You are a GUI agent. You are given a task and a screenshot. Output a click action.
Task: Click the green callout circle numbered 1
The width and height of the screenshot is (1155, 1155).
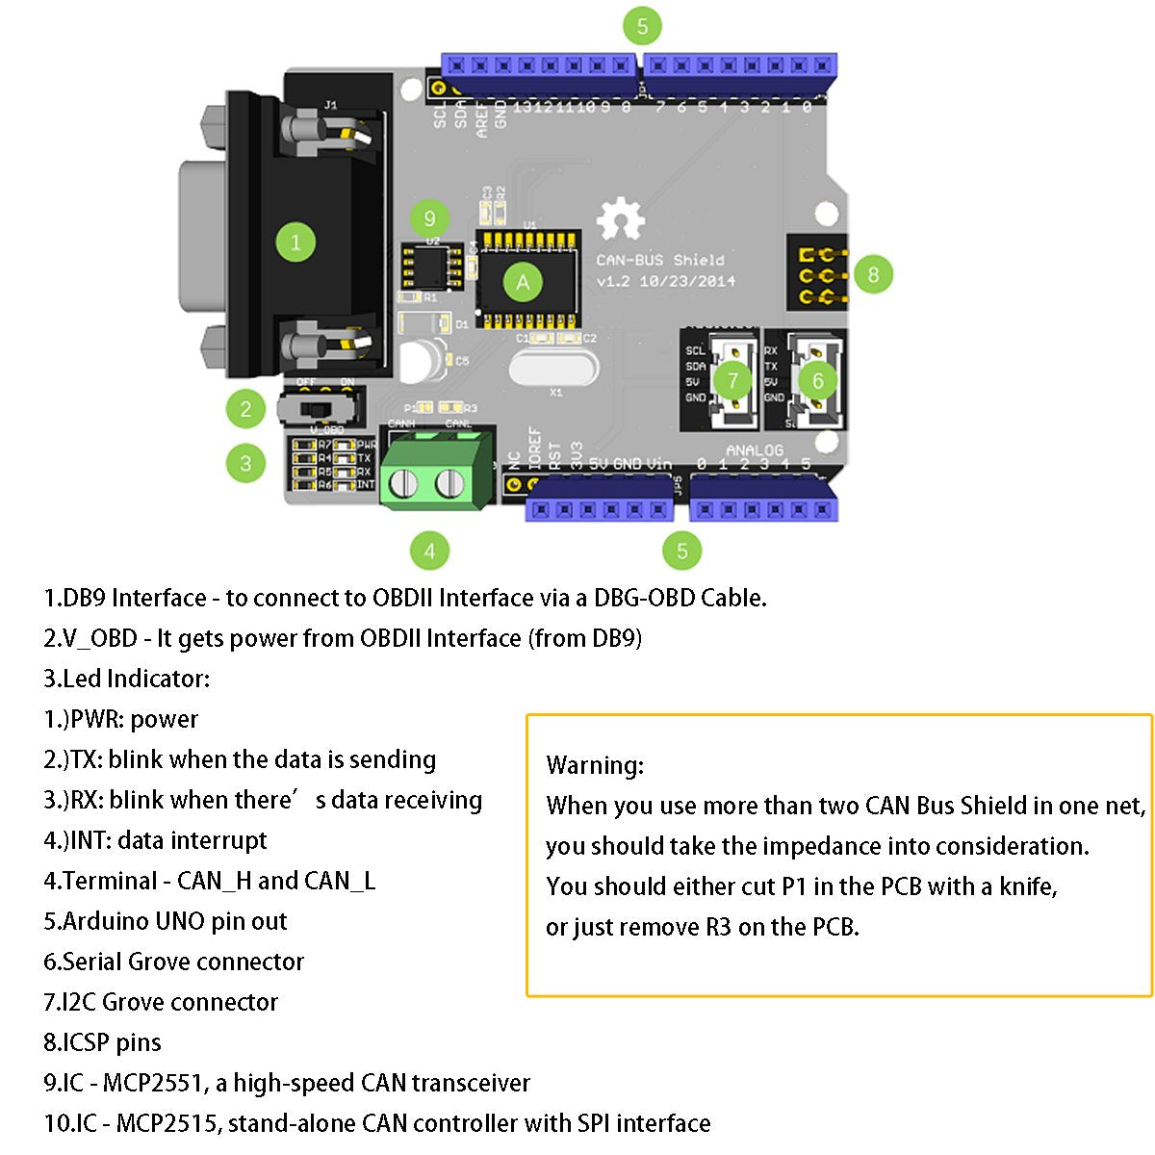[295, 242]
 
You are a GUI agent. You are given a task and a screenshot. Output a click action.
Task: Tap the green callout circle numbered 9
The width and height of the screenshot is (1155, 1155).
[429, 218]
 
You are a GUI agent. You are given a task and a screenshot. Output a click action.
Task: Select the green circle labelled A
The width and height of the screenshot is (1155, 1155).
[523, 282]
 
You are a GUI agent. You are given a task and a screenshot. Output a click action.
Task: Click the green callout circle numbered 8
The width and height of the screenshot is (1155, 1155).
[873, 274]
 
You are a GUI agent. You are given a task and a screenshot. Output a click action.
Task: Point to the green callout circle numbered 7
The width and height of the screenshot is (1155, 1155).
[733, 380]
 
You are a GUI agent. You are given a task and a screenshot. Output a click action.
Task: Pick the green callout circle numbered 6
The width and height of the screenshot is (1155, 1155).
[817, 380]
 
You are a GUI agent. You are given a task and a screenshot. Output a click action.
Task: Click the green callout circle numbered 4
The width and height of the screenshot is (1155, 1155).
[429, 551]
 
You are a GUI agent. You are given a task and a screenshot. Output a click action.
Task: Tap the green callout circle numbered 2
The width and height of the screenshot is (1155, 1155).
[245, 409]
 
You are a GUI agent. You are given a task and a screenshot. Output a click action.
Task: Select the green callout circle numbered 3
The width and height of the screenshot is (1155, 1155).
[245, 463]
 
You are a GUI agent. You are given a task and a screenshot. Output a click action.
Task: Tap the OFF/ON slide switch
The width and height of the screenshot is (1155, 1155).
[321, 408]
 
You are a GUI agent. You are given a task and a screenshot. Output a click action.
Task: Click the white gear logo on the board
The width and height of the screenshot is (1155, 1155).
[619, 219]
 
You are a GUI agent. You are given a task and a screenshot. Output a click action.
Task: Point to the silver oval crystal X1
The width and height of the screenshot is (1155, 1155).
[552, 369]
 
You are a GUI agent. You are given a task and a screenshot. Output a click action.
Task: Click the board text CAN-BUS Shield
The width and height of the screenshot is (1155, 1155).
[659, 260]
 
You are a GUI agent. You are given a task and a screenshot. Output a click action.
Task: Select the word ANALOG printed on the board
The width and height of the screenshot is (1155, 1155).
[754, 449]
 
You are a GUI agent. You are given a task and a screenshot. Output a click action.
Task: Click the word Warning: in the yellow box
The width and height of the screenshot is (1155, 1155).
[595, 766]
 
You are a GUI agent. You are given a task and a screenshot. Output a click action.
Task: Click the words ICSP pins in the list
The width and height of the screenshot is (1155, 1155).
[112, 1042]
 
